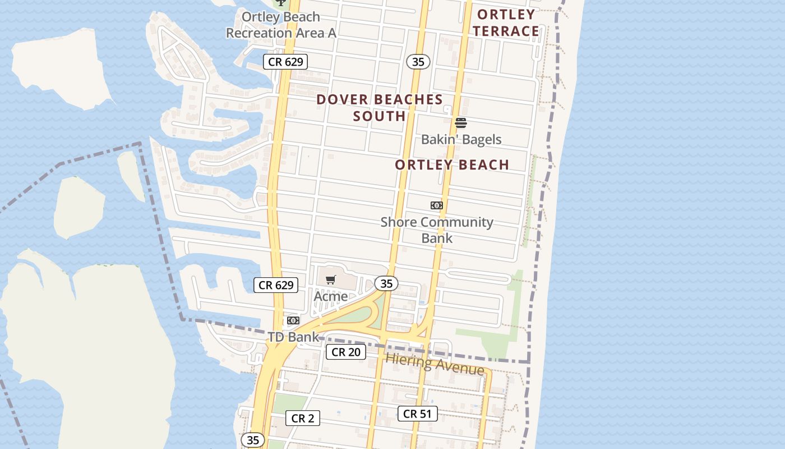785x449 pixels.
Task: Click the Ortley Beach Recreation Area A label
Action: pyautogui.click(x=281, y=25)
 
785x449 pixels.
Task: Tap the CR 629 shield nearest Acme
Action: pyautogui.click(x=276, y=285)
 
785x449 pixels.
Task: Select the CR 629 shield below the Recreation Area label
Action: pyautogui.click(x=286, y=62)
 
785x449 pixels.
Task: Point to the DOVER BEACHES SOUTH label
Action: pyautogui.click(x=380, y=108)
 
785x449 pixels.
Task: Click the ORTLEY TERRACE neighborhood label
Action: pyautogui.click(x=506, y=23)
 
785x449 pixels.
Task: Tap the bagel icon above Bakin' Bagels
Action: pyautogui.click(x=461, y=122)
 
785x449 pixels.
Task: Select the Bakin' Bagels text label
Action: pyautogui.click(x=461, y=139)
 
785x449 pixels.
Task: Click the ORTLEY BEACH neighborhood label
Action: pyautogui.click(x=452, y=165)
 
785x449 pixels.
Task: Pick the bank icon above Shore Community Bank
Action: pyautogui.click(x=437, y=205)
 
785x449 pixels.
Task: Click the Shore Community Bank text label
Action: pyautogui.click(x=437, y=230)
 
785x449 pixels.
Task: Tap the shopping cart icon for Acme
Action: pyautogui.click(x=331, y=280)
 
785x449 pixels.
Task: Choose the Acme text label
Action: pyautogui.click(x=331, y=296)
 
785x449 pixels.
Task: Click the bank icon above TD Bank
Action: pyautogui.click(x=293, y=320)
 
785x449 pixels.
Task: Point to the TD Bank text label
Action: pyautogui.click(x=293, y=337)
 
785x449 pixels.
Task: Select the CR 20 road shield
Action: pyautogui.click(x=346, y=352)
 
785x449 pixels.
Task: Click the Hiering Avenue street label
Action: pyautogui.click(x=435, y=364)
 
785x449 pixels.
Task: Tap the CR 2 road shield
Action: pyautogui.click(x=303, y=418)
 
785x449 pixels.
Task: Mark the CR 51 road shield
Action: pyautogui.click(x=417, y=414)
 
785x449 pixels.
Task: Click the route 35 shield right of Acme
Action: pyautogui.click(x=386, y=284)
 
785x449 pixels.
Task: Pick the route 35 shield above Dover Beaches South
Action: pyautogui.click(x=418, y=62)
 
